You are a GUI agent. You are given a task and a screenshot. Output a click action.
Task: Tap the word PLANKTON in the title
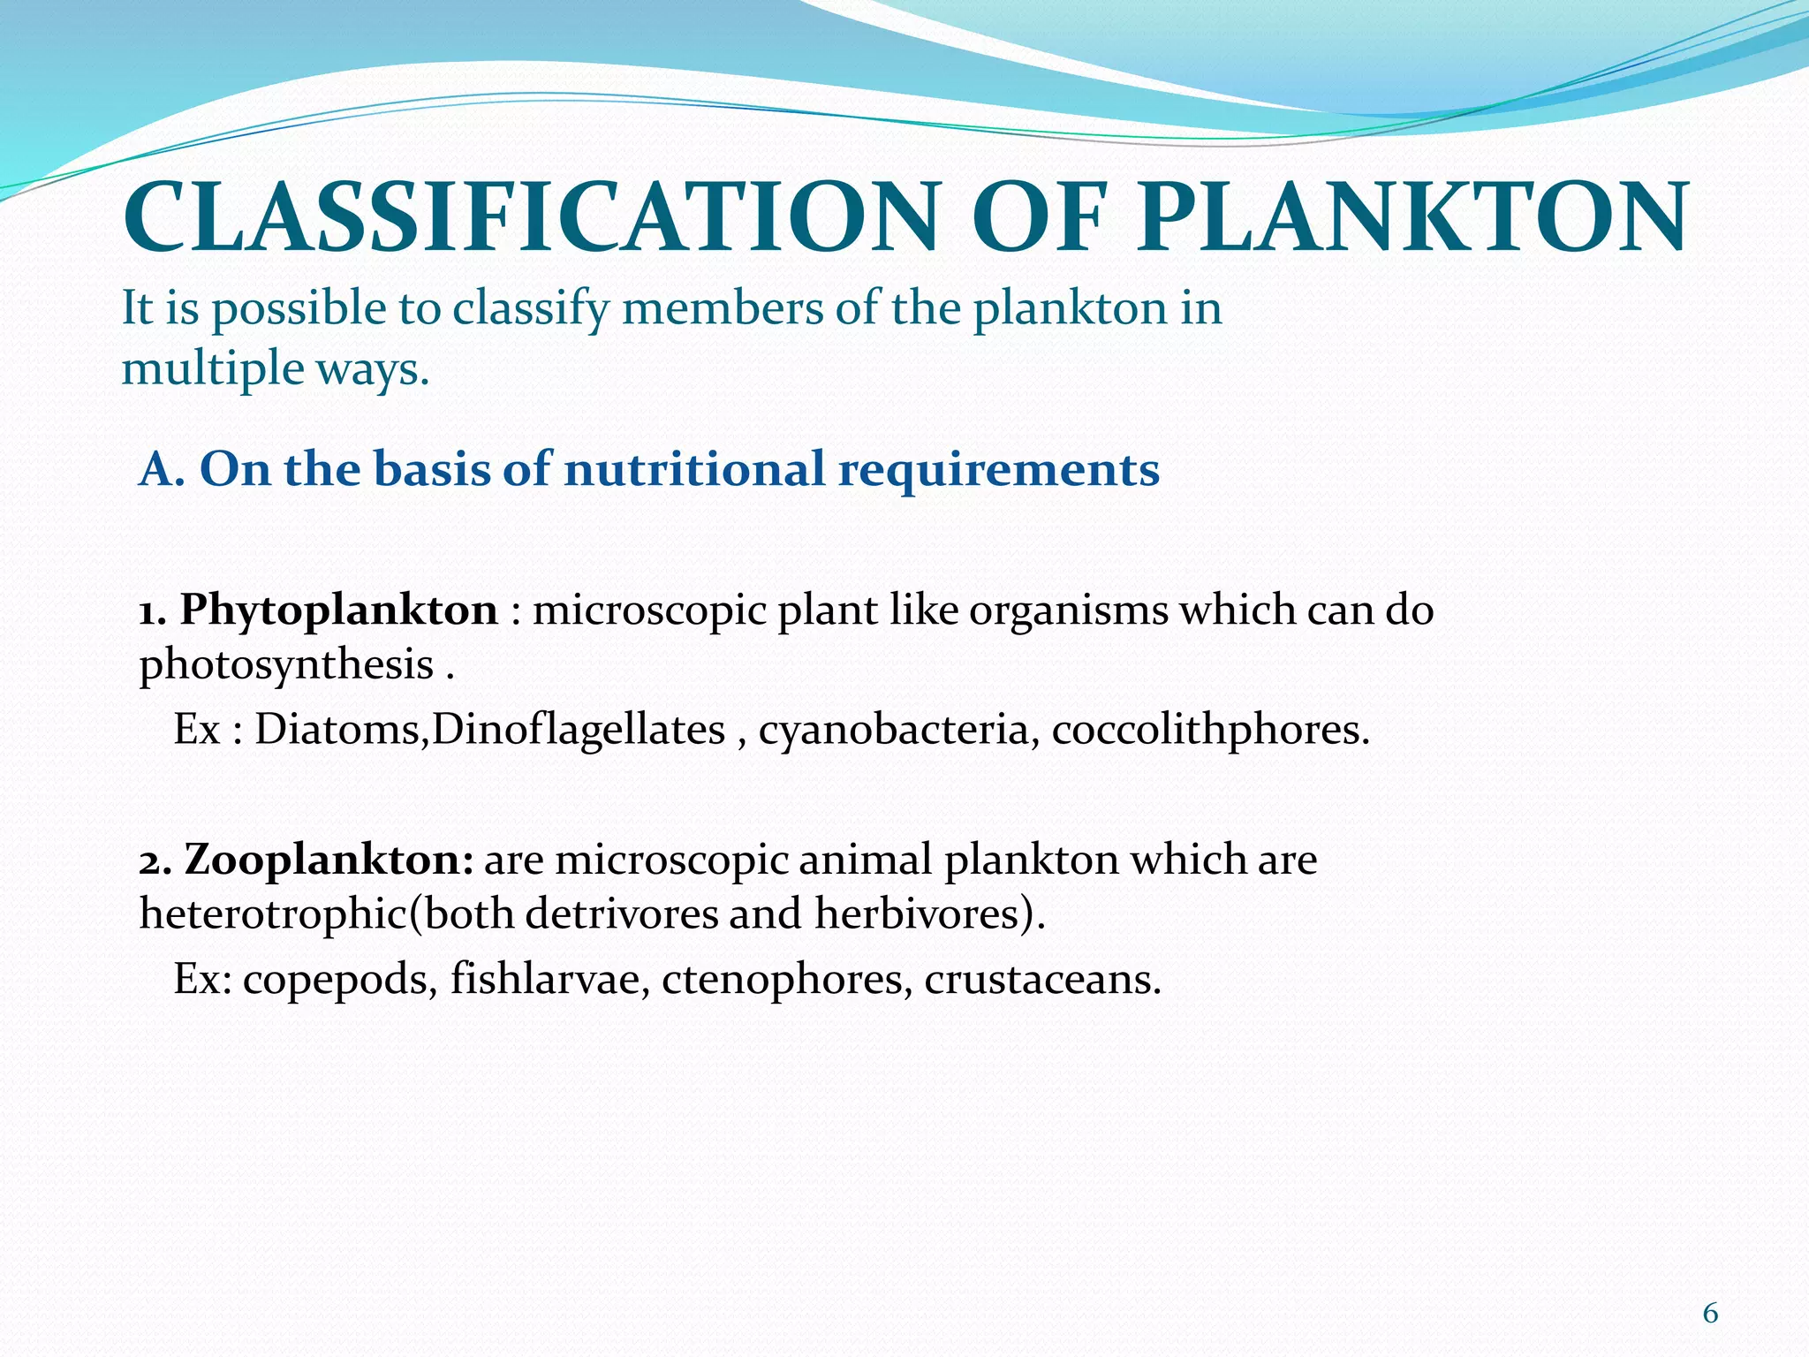pos(1412,217)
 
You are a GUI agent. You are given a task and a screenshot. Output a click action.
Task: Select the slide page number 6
pos(1710,1314)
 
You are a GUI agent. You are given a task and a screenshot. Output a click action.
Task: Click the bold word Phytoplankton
pos(339,610)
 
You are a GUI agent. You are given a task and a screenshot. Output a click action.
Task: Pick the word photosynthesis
pos(286,665)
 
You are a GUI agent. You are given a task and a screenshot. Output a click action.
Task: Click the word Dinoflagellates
pos(579,731)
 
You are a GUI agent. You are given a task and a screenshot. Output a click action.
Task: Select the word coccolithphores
pos(1210,731)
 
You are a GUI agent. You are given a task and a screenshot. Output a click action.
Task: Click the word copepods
pos(340,980)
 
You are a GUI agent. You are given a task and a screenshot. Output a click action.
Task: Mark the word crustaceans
pos(1042,980)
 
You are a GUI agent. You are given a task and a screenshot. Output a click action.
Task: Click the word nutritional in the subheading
pos(693,469)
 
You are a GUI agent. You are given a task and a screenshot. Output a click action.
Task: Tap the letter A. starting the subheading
pos(162,469)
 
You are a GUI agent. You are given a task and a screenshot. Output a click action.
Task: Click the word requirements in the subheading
pos(998,469)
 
